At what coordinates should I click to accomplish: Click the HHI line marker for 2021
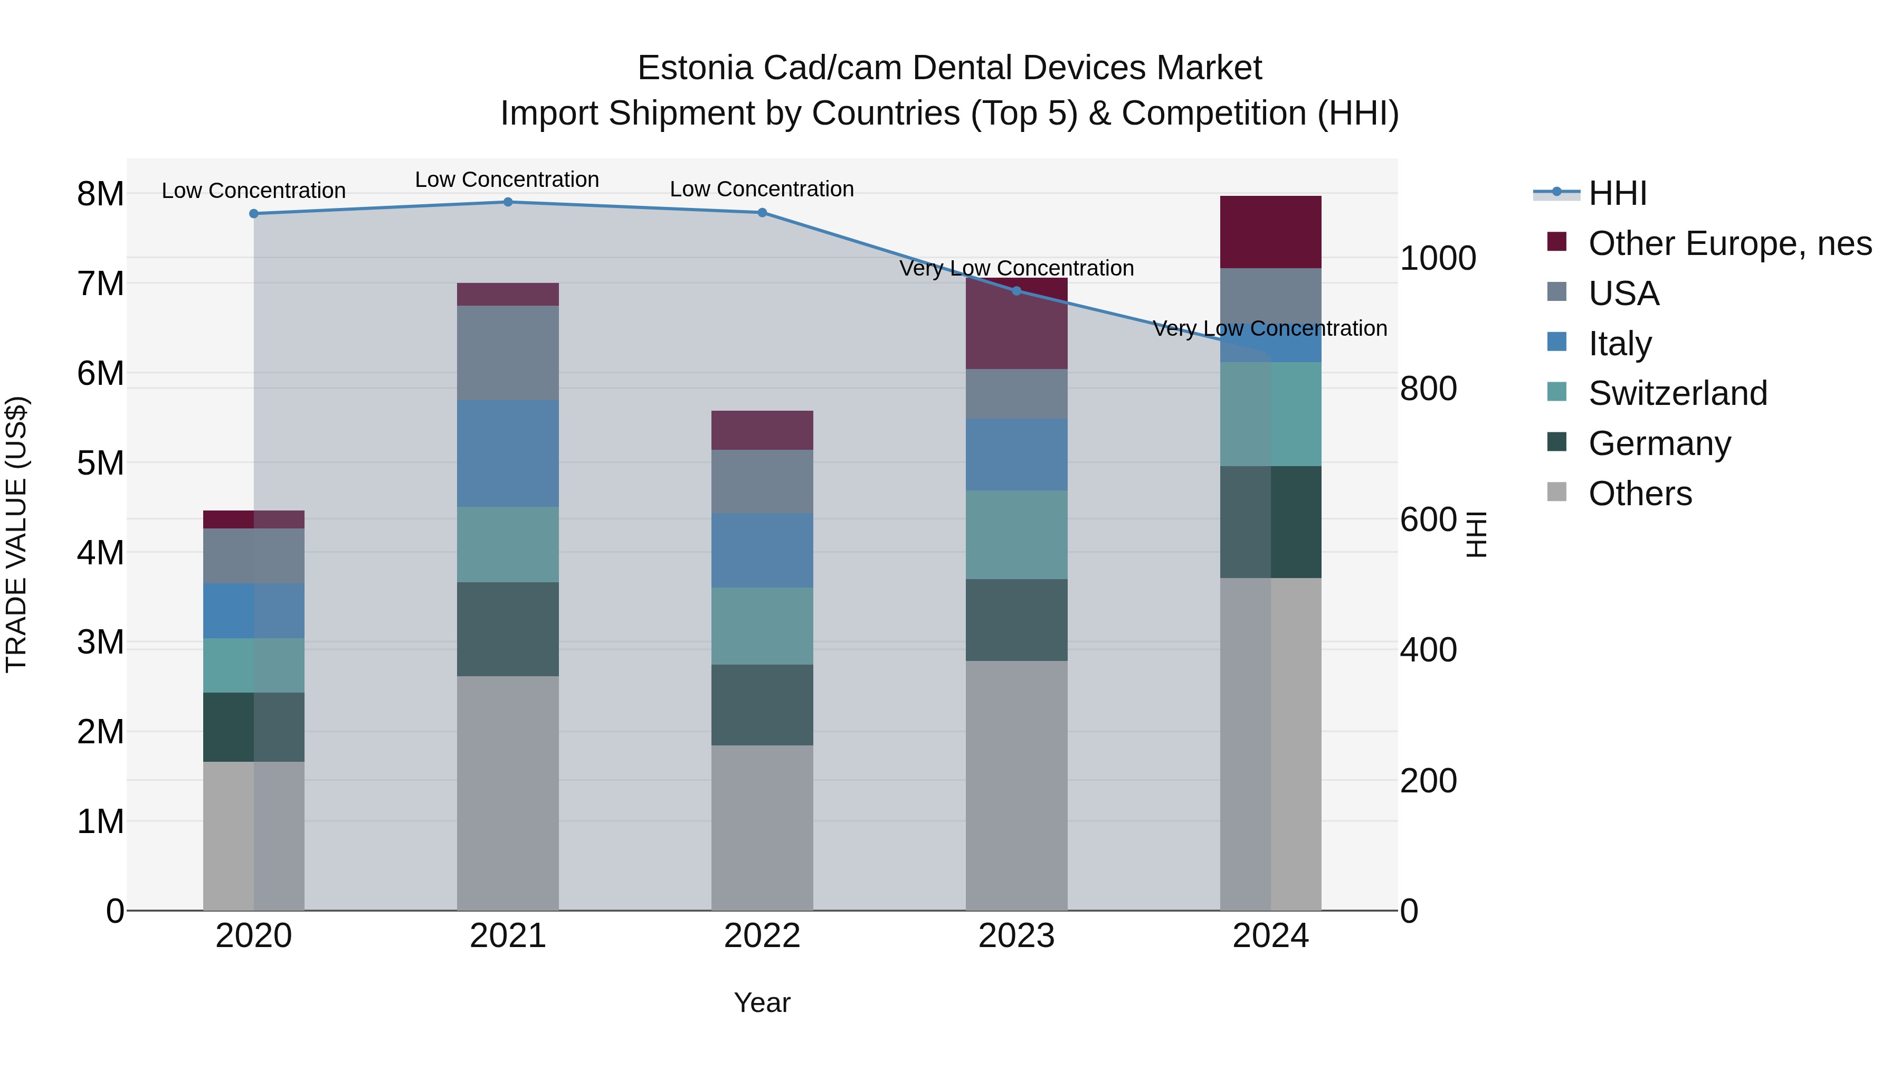pyautogui.click(x=507, y=202)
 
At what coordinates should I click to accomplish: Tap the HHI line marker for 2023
pyautogui.click(x=1016, y=291)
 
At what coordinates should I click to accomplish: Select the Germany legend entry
pyautogui.click(x=1659, y=443)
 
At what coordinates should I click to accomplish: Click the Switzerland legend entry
pyautogui.click(x=1677, y=393)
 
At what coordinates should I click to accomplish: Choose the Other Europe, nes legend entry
pyautogui.click(x=1729, y=243)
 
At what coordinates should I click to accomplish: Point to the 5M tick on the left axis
pyautogui.click(x=100, y=463)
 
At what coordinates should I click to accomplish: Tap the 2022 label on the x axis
pyautogui.click(x=762, y=936)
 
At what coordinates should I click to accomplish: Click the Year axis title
pyautogui.click(x=762, y=1002)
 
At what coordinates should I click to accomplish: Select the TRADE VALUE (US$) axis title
pyautogui.click(x=16, y=534)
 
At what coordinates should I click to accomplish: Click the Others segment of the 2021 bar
pyautogui.click(x=507, y=793)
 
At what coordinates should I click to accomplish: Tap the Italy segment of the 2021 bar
pyautogui.click(x=507, y=453)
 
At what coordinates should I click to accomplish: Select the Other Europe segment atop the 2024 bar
pyautogui.click(x=1270, y=232)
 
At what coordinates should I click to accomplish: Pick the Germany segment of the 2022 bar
pyautogui.click(x=762, y=705)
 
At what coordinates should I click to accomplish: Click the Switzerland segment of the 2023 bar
pyautogui.click(x=1016, y=534)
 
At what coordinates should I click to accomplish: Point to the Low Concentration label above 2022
pyautogui.click(x=762, y=189)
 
